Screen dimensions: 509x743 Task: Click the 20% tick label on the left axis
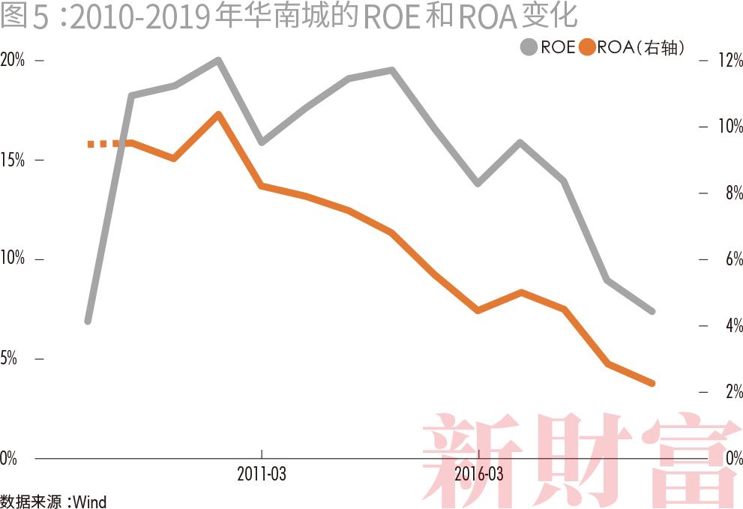tap(13, 61)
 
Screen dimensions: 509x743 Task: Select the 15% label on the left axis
tap(13, 160)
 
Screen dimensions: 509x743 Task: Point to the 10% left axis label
tap(13, 259)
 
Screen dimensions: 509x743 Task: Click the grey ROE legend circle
tap(529, 47)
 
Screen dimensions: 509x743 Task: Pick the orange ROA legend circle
tap(587, 47)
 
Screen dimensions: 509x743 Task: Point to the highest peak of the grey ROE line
tap(218, 60)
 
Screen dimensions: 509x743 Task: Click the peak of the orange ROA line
tap(218, 115)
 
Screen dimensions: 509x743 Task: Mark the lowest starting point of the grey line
tap(88, 320)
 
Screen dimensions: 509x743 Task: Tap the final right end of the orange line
tap(652, 383)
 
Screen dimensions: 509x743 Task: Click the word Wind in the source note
tap(90, 501)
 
